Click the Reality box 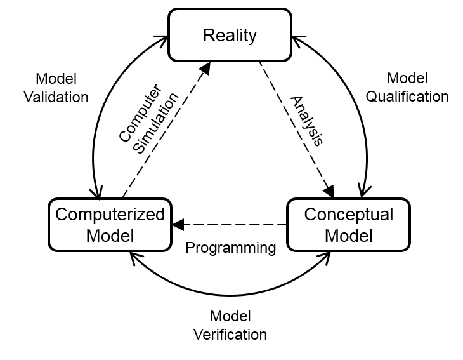[230, 35]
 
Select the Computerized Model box [110, 225]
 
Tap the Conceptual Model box [348, 225]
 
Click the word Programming [230, 248]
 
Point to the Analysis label [307, 121]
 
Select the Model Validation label [56, 88]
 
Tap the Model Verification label [230, 325]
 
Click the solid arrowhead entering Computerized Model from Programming [178, 224]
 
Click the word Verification [230, 334]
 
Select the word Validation [56, 97]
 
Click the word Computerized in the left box [110, 214]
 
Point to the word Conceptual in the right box [348, 214]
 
